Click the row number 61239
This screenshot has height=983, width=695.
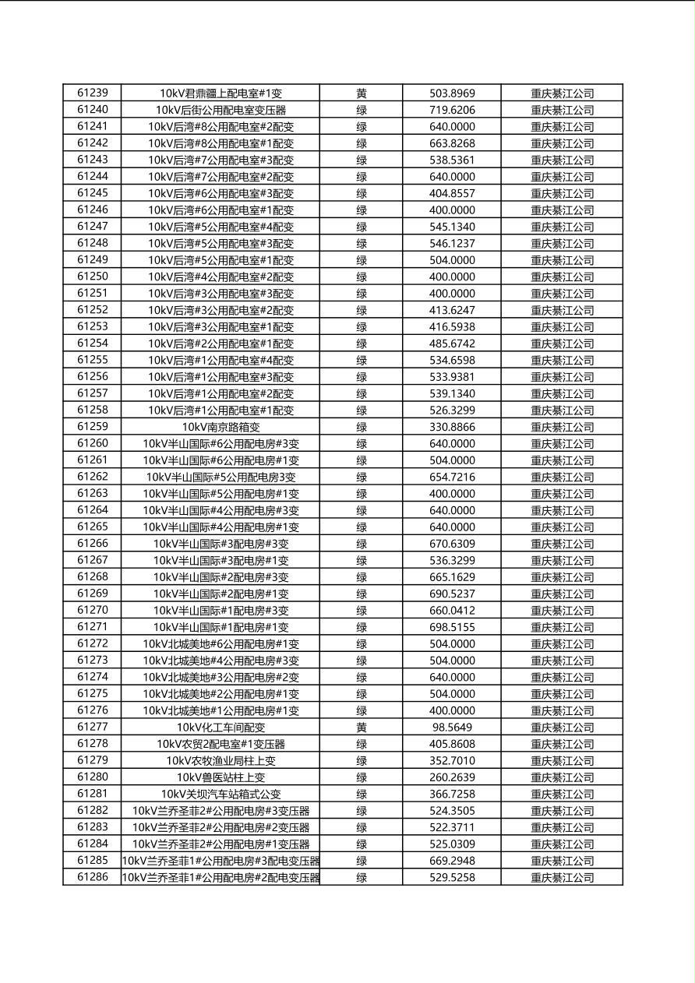93,93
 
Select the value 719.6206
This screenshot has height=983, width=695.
452,110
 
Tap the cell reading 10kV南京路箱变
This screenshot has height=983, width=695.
220,427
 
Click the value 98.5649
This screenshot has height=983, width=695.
452,728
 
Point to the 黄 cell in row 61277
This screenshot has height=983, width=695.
362,728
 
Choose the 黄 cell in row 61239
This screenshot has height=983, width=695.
362,93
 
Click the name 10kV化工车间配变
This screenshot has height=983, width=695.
220,728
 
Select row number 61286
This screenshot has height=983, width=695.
93,877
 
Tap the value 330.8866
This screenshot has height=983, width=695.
452,427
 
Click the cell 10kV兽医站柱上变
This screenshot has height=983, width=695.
220,777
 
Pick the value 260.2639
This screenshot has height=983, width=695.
452,777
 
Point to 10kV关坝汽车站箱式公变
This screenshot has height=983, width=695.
220,794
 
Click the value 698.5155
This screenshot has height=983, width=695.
452,627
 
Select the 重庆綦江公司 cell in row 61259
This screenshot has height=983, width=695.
562,427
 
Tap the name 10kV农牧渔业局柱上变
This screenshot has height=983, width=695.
220,760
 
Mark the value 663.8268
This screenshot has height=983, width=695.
452,143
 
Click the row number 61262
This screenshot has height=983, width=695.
93,477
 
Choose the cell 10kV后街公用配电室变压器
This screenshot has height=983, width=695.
220,110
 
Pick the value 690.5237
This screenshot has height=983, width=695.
452,594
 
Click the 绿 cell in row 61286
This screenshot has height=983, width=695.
362,877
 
